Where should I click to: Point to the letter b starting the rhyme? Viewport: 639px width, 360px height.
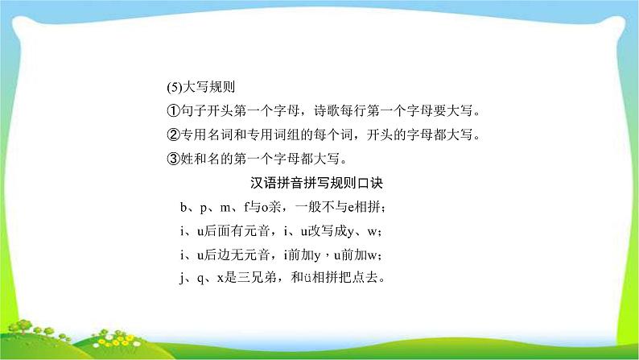tap(185, 209)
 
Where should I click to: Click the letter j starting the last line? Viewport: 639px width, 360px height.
tap(184, 279)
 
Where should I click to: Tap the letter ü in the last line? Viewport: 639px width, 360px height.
tap(308, 279)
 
